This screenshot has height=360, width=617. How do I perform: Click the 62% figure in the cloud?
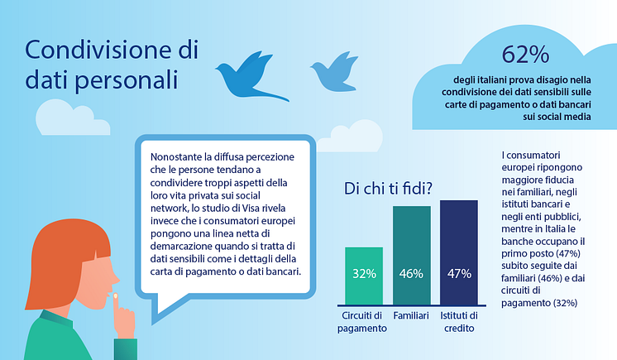(525, 55)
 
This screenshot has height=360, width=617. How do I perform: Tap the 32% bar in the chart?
(364, 276)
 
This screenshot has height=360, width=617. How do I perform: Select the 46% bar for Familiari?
(412, 255)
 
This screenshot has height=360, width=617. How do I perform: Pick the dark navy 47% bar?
(459, 252)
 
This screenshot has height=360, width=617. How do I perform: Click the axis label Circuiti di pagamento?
(362, 322)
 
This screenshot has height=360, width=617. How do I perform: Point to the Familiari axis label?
(411, 315)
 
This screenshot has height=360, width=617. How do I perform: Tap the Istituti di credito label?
(459, 322)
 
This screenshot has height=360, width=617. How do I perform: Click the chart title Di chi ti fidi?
(388, 188)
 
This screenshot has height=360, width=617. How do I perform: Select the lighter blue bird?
(334, 73)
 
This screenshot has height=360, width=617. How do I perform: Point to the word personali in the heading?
(127, 80)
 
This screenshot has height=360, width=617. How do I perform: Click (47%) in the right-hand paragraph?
(564, 253)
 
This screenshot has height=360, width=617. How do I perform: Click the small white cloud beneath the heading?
(72, 118)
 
